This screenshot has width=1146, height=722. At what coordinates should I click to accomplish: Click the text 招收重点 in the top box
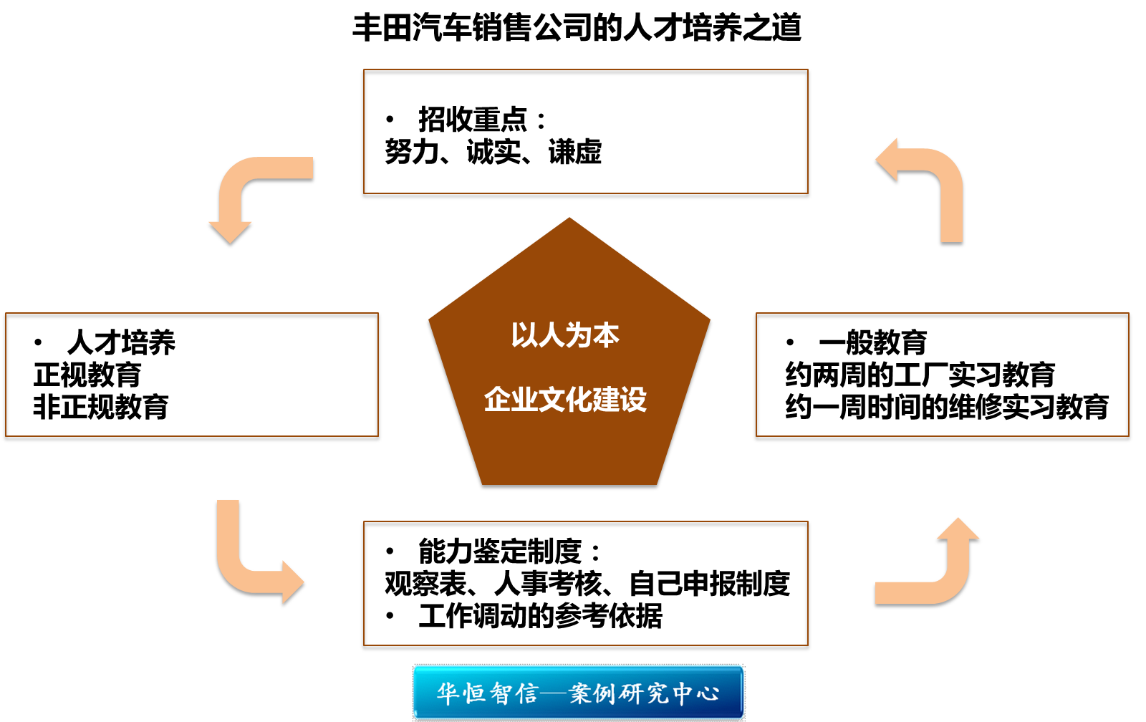(x=473, y=119)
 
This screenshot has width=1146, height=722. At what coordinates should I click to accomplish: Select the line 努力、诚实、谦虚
(x=493, y=152)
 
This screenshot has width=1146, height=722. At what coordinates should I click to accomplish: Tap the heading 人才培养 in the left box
(x=121, y=342)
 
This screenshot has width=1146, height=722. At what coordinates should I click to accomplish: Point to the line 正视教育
(x=87, y=375)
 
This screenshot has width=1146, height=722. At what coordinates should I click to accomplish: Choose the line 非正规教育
(x=101, y=407)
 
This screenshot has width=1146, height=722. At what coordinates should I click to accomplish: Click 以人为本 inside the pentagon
(x=565, y=335)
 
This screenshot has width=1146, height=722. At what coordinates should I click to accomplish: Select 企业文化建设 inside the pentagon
(x=565, y=399)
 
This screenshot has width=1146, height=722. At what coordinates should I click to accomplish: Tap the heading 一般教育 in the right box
(x=872, y=342)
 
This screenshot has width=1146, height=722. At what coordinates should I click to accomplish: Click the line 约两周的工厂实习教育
(x=920, y=375)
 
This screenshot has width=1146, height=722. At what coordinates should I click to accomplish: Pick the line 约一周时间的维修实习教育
(x=946, y=407)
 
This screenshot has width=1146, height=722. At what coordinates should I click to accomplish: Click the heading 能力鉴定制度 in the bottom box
(x=500, y=552)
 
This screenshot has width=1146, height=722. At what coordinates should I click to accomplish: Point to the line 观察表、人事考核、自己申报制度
(x=587, y=584)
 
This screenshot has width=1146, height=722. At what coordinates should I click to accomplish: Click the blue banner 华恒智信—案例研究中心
(x=578, y=693)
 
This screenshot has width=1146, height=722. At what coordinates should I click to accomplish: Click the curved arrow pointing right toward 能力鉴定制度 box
(x=251, y=566)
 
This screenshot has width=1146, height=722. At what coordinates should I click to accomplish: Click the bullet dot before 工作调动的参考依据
(x=390, y=616)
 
